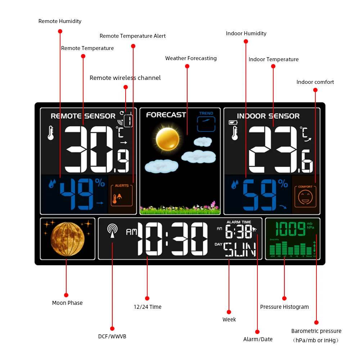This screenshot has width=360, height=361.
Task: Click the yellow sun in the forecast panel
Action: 167,139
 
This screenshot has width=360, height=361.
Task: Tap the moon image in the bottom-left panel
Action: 68,239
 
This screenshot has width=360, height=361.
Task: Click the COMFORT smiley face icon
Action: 305,196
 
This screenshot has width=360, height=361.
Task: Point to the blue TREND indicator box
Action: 206,122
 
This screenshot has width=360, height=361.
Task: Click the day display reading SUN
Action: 240,249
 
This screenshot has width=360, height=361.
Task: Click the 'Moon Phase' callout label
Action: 67,303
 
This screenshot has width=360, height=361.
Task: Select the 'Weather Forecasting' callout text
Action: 191,58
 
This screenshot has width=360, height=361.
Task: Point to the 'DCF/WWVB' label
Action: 112,337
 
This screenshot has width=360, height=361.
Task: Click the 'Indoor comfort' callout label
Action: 315,82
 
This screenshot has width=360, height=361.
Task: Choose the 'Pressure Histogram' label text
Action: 284,307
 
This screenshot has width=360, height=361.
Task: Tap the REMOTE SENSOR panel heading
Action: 83,116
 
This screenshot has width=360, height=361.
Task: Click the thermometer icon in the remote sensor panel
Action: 51,132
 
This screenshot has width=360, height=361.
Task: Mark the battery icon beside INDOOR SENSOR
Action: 233,123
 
